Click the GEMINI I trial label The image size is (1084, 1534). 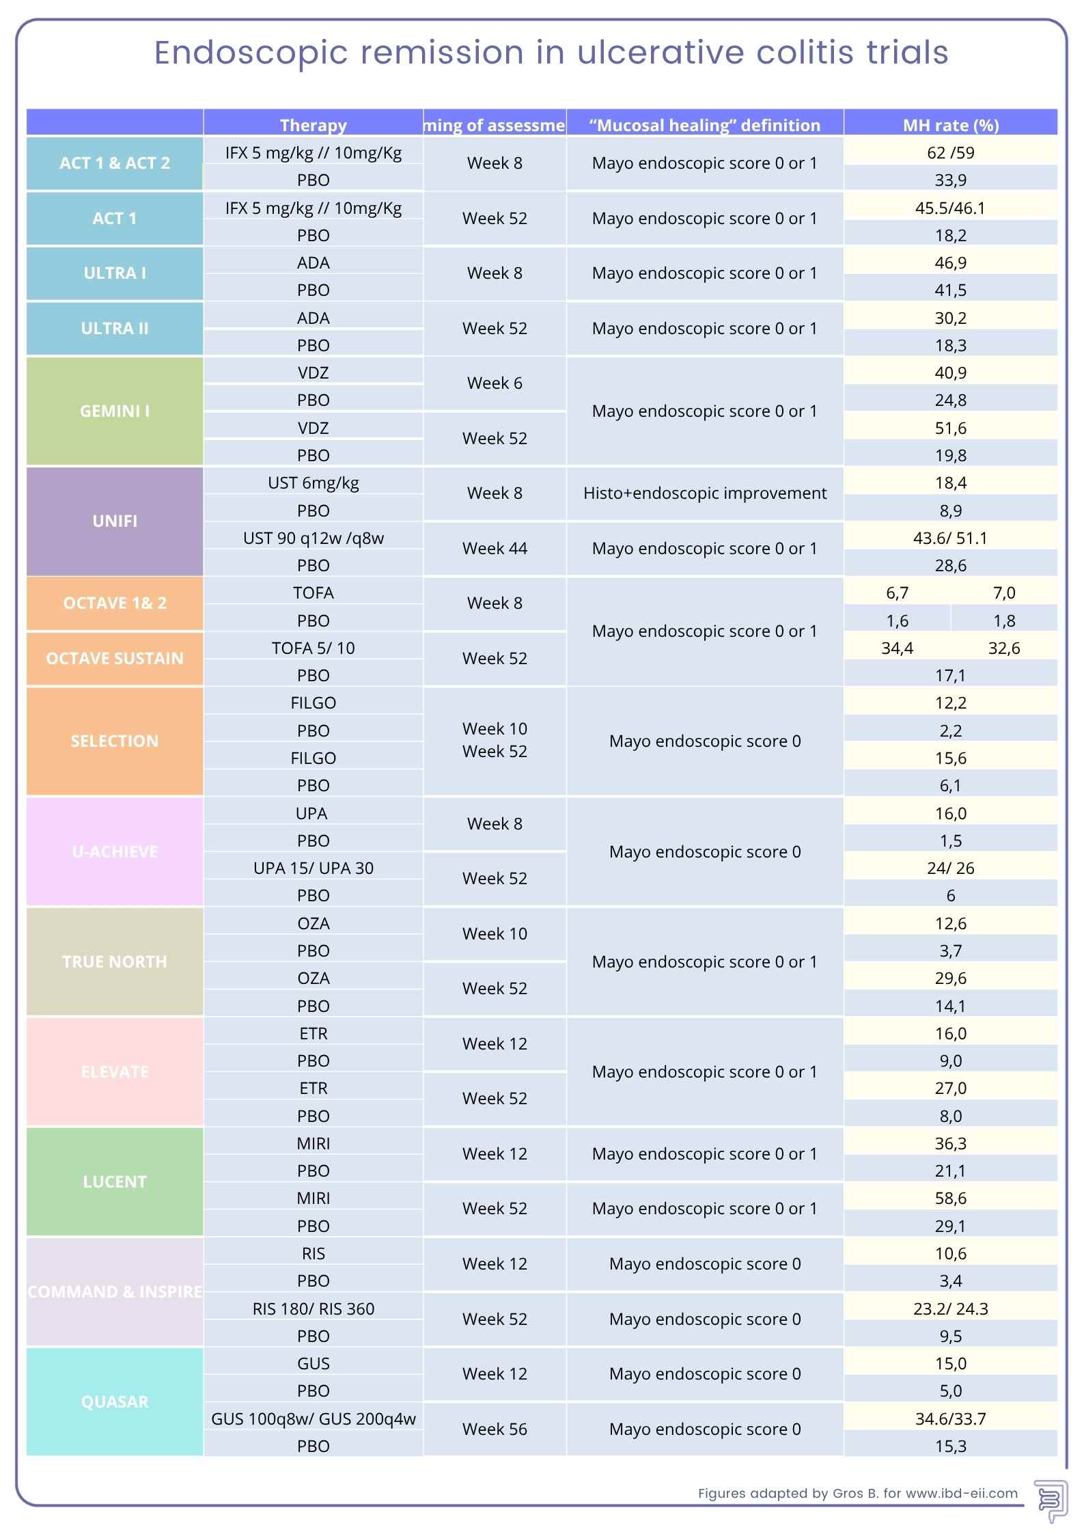coord(114,411)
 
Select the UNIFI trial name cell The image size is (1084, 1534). coord(114,521)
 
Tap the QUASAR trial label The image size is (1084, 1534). coord(114,1401)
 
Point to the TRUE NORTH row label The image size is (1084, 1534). coord(114,961)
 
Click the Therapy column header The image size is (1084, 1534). coord(313,125)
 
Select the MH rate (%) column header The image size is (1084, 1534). coord(950,125)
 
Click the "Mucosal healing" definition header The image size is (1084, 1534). coord(704,125)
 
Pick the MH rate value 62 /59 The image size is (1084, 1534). coord(950,152)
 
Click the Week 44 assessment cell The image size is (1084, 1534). coord(495,548)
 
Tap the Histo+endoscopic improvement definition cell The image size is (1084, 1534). coord(704,493)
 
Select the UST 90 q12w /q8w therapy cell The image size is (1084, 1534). coord(313,538)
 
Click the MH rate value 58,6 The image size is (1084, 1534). coord(950,1198)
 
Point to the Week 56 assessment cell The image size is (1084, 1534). coord(495,1429)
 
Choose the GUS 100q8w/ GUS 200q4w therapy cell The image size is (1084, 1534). coord(313,1419)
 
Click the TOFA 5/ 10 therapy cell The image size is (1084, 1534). coord(313,648)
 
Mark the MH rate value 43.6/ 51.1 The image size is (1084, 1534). coord(950,538)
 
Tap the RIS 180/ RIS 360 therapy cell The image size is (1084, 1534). coord(313,1309)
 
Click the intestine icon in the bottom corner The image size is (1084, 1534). coord(1049,1501)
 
